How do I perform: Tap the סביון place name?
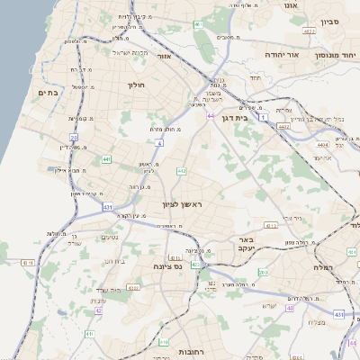pyautogui.click(x=330, y=20)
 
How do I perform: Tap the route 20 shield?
pyautogui.click(x=74, y=138)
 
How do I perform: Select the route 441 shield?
pyautogui.click(x=106, y=159)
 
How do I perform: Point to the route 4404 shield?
pyautogui.click(x=322, y=144)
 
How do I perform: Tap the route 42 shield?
pyautogui.click(x=98, y=310)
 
